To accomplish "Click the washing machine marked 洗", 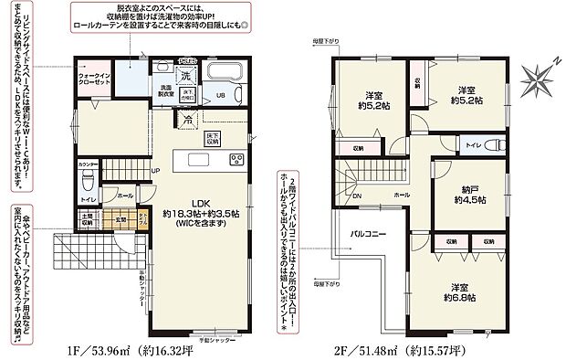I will click(185, 74).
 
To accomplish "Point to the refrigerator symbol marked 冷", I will click(187, 119).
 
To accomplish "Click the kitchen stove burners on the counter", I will click(235, 161).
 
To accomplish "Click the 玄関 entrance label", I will click(120, 219).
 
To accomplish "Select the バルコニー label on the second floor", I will click(369, 234).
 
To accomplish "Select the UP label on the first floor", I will click(155, 171).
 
